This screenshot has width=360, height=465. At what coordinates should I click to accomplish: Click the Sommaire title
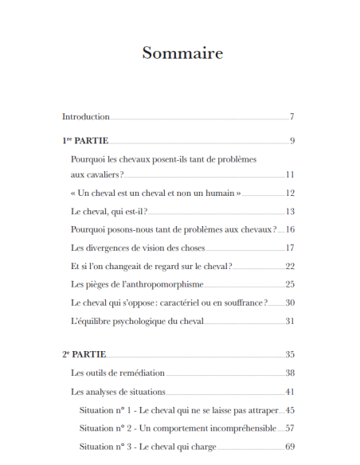click(182, 53)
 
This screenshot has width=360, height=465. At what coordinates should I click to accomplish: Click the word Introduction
click(86, 117)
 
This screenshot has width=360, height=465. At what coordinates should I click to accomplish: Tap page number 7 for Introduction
click(292, 117)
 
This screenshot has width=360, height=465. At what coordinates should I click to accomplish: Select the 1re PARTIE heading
click(85, 141)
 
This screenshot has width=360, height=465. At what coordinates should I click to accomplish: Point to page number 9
click(292, 141)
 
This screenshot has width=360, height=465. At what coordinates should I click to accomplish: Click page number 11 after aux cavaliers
click(290, 174)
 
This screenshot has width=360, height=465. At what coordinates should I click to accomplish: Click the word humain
click(214, 193)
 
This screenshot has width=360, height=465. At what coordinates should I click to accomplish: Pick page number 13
click(290, 211)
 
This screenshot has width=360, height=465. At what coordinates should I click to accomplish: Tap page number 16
click(290, 229)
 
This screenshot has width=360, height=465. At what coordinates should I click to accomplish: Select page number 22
click(290, 266)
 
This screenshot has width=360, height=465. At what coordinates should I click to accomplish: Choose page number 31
click(290, 321)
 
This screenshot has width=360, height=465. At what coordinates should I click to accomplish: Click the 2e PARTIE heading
click(84, 354)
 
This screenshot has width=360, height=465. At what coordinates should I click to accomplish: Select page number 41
click(290, 392)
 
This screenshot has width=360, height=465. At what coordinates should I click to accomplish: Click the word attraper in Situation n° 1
click(261, 410)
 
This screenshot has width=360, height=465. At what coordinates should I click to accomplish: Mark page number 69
click(290, 447)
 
